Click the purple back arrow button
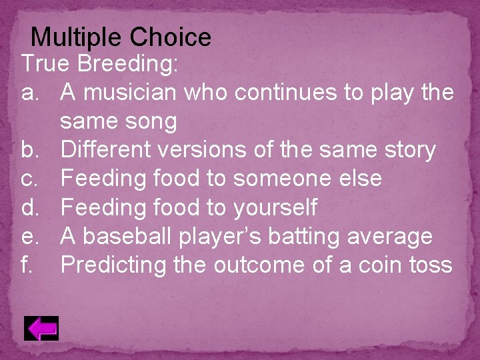(x=41, y=329)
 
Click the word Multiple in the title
(x=78, y=37)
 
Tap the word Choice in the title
(x=171, y=37)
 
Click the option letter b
(x=31, y=151)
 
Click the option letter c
(x=31, y=179)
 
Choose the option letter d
(x=31, y=208)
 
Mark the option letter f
(x=28, y=265)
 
